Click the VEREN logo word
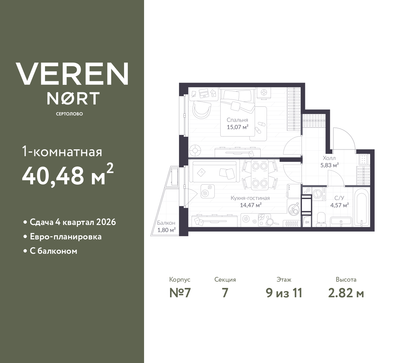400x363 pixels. click(x=72, y=74)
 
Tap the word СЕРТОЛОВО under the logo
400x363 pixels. click(x=69, y=114)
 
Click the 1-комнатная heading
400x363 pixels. click(x=62, y=152)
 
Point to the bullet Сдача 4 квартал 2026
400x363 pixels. click(x=72, y=222)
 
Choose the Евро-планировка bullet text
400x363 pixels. click(x=66, y=237)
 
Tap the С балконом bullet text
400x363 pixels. click(x=53, y=251)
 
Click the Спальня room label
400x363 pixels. click(x=237, y=120)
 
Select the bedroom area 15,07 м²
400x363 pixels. click(x=237, y=127)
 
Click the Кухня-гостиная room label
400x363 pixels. click(x=250, y=198)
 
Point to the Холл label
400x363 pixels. click(x=329, y=158)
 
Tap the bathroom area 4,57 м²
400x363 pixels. click(x=339, y=206)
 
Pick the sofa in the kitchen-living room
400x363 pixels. click(x=214, y=172)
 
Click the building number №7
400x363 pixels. click(x=180, y=293)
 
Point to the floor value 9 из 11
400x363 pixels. click(x=284, y=293)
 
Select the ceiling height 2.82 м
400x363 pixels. click(x=346, y=293)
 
